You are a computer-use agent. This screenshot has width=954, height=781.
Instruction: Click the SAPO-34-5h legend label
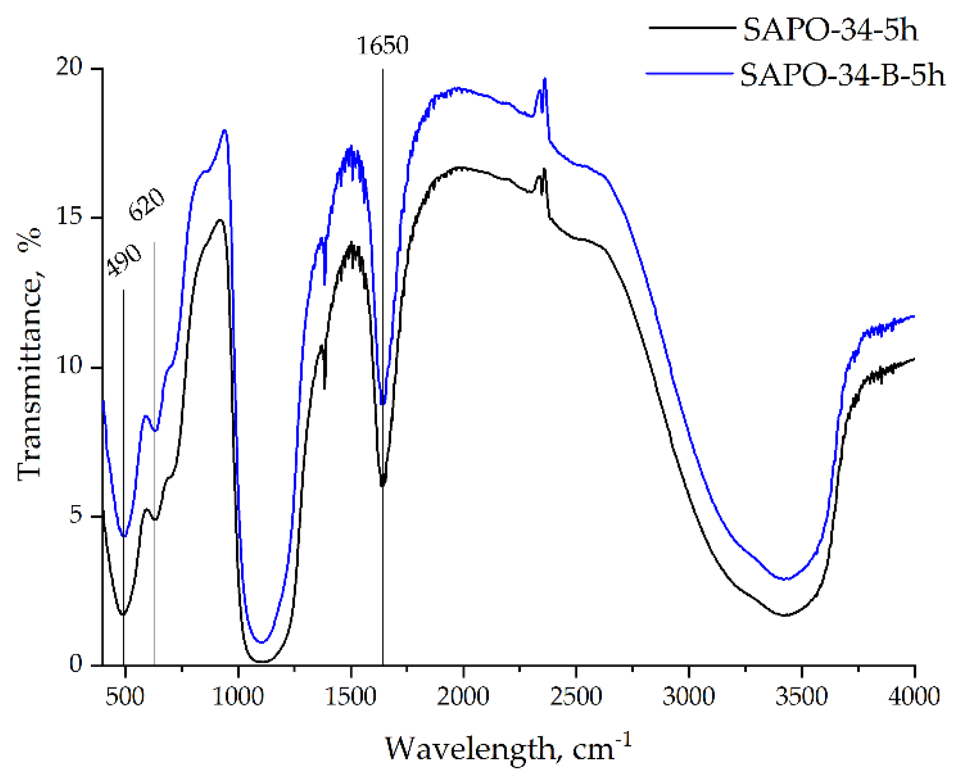(x=830, y=30)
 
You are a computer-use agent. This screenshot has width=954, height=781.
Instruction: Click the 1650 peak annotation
(x=382, y=46)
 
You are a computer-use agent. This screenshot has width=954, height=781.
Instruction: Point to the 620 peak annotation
(x=146, y=204)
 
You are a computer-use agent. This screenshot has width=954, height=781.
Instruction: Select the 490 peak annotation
(x=123, y=260)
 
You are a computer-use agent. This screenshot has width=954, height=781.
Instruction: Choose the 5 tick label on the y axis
(x=75, y=515)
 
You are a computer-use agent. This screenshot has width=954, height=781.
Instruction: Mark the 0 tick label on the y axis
(x=75, y=664)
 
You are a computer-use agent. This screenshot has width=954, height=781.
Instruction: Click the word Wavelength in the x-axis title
(x=471, y=749)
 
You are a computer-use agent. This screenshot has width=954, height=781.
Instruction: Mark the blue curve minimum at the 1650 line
(x=382, y=403)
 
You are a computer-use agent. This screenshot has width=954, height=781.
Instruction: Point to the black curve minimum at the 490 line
(x=123, y=614)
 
